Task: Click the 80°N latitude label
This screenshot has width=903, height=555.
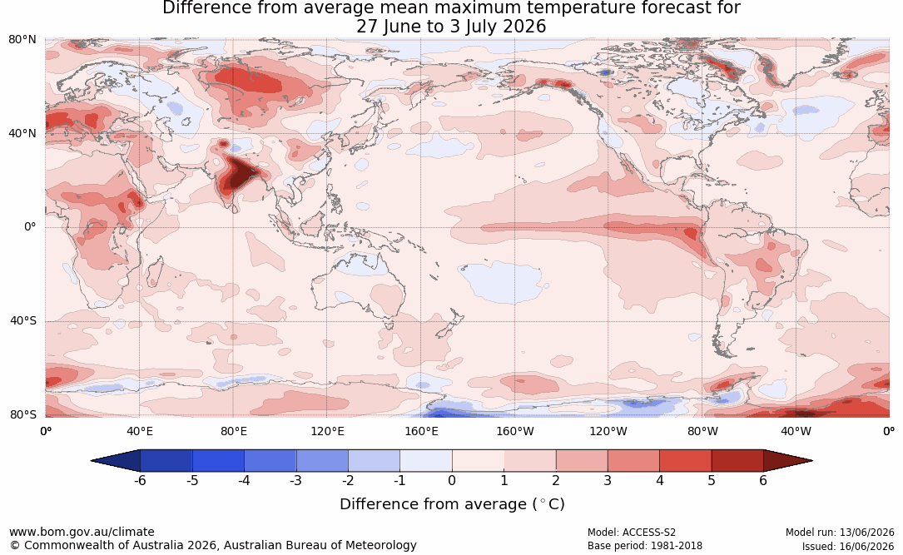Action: pyautogui.click(x=22, y=40)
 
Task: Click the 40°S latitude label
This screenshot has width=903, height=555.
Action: pyautogui.click(x=22, y=320)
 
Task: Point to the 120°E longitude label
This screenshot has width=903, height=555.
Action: pyautogui.click(x=327, y=431)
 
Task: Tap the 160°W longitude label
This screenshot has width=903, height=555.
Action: pyautogui.click(x=515, y=431)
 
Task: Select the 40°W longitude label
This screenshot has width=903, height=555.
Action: pyautogui.click(x=796, y=431)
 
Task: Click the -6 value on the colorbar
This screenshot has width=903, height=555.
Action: pyautogui.click(x=140, y=480)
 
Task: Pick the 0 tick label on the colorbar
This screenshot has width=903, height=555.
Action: pyautogui.click(x=452, y=480)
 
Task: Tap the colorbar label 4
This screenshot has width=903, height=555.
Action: pyautogui.click(x=659, y=480)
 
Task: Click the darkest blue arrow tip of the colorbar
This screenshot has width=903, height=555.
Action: pyautogui.click(x=92, y=461)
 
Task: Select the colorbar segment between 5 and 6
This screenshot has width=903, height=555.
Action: pyautogui.click(x=737, y=461)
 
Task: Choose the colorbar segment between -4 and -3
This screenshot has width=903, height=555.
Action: pyautogui.click(x=270, y=461)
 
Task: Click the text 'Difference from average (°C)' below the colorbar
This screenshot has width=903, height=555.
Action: pyautogui.click(x=452, y=504)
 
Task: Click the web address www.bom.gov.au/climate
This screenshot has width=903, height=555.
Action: pyautogui.click(x=82, y=532)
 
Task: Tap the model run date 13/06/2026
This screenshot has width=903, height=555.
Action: pyautogui.click(x=866, y=533)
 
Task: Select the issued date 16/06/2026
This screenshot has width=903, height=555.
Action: pyautogui.click(x=866, y=546)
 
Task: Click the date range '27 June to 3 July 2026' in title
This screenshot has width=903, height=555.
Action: pyautogui.click(x=451, y=27)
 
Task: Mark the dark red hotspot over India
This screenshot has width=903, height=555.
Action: pyautogui.click(x=241, y=173)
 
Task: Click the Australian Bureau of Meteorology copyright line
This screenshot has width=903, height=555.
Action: pyautogui.click(x=213, y=545)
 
